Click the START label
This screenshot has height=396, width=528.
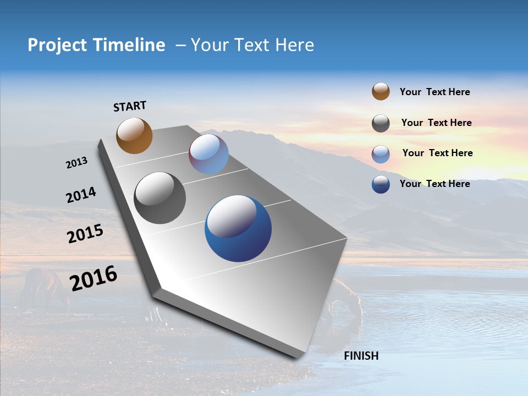(130, 106)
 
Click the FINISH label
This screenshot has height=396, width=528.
(361, 356)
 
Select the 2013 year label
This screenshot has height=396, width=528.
(77, 163)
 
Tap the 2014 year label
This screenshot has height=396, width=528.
(81, 195)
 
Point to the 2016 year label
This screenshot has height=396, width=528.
(94, 278)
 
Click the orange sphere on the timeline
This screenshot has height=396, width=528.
(134, 135)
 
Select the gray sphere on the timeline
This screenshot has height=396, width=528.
(160, 198)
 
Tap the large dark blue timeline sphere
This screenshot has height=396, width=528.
(238, 228)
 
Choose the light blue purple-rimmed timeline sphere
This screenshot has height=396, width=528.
(208, 154)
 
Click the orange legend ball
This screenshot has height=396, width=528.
(381, 92)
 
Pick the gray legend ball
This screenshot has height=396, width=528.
(381, 123)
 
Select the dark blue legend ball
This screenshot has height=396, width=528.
(381, 184)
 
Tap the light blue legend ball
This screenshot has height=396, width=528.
(381, 154)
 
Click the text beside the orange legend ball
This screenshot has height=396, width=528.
(435, 92)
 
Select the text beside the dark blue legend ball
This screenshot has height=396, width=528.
(435, 184)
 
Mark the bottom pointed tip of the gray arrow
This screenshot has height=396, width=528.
(300, 358)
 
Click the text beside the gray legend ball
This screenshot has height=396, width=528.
(436, 123)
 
